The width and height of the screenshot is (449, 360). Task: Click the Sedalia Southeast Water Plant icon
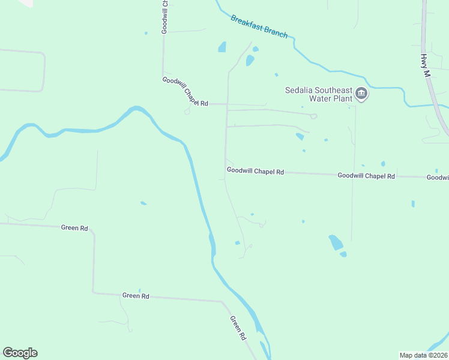[361, 93]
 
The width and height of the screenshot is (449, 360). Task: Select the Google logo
[20, 353]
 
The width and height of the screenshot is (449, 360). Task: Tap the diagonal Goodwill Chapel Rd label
[185, 91]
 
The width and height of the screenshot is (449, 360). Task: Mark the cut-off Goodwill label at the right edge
[438, 178]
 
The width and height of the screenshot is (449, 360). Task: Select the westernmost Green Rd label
[75, 228]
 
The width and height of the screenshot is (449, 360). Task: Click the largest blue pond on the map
[336, 242]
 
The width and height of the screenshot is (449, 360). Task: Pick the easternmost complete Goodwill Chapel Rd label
[366, 176]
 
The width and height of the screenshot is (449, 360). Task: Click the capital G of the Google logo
[8, 353]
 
